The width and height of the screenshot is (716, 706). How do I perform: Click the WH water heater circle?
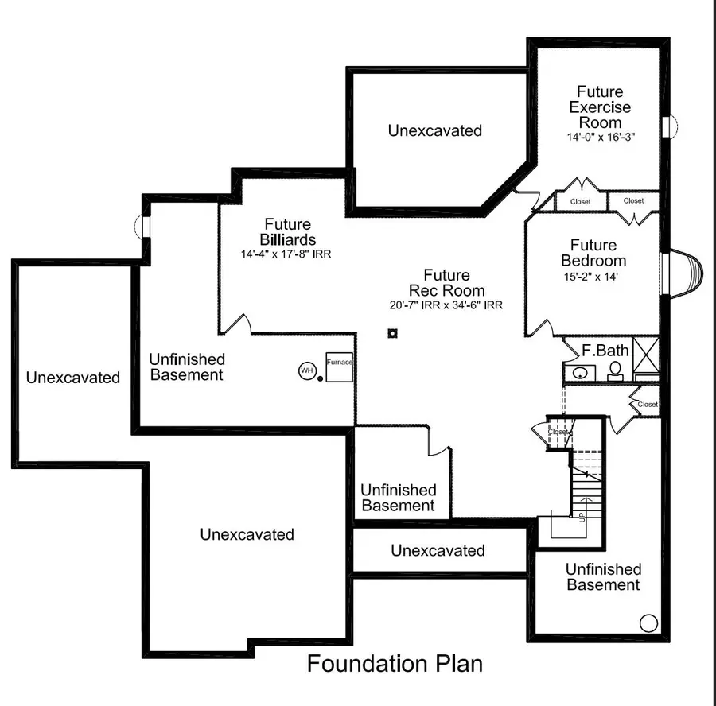click(307, 370)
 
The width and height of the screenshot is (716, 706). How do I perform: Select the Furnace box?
click(338, 366)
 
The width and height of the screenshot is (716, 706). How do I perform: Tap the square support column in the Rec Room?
click(392, 333)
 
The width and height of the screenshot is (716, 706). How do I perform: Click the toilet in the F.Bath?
click(615, 370)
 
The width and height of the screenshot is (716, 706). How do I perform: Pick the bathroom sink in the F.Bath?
click(580, 372)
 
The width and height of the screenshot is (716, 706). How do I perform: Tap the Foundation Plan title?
click(395, 663)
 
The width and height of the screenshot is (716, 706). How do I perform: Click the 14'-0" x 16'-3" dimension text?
click(601, 137)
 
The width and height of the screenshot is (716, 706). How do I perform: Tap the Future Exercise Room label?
click(601, 107)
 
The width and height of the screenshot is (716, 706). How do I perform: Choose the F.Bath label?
click(605, 350)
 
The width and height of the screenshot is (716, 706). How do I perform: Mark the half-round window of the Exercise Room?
click(669, 126)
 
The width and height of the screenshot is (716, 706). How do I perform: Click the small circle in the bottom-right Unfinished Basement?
click(648, 623)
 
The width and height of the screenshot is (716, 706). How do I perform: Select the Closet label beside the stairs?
click(558, 433)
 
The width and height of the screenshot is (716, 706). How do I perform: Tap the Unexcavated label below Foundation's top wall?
click(435, 130)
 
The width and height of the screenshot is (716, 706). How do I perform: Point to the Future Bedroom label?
click(593, 253)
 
